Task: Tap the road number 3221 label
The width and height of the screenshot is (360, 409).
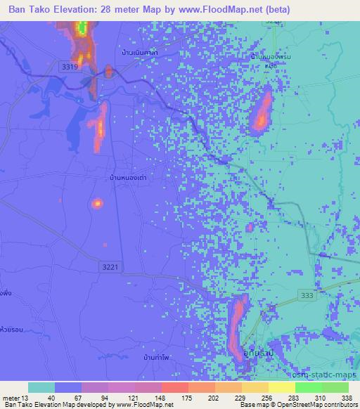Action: coord(110,267)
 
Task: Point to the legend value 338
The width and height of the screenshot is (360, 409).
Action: coord(347,397)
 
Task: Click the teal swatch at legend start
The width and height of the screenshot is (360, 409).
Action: coord(41,387)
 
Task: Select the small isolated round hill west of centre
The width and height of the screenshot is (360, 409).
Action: coord(97,204)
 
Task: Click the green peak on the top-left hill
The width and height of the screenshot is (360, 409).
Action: coord(82,29)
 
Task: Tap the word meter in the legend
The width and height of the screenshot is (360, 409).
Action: coord(10,397)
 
